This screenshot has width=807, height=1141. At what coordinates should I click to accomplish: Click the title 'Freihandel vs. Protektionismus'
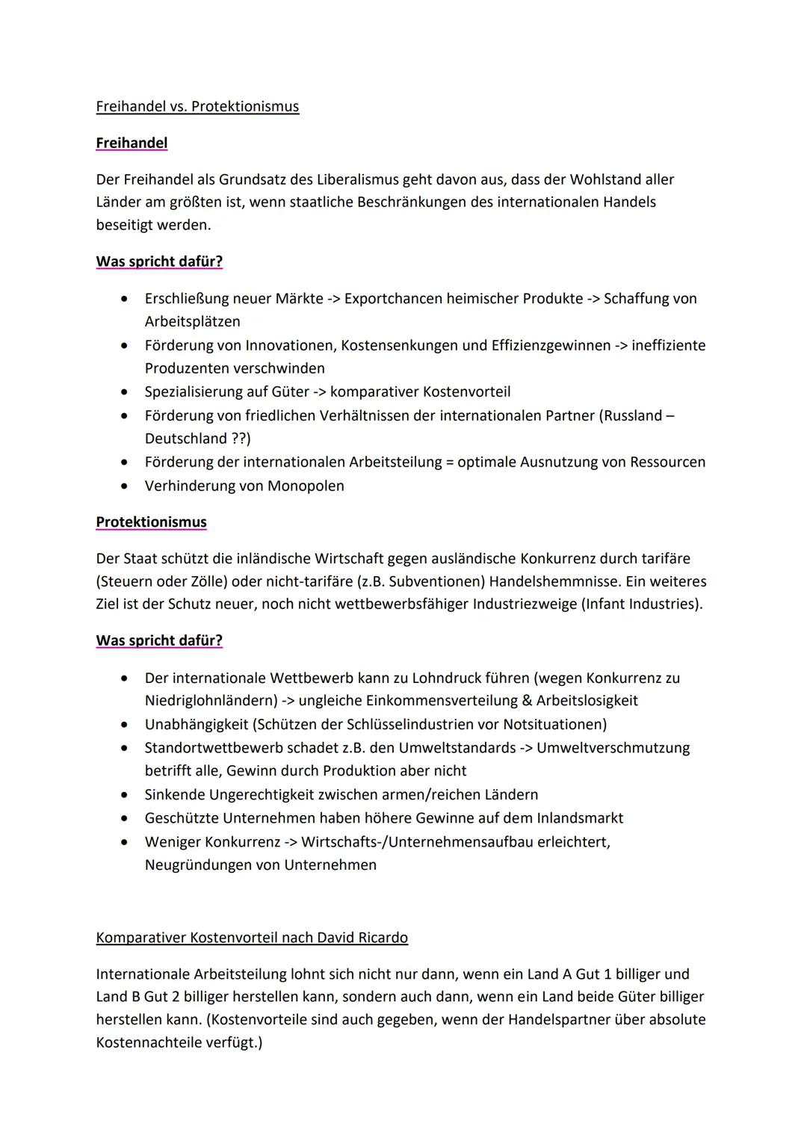(x=197, y=106)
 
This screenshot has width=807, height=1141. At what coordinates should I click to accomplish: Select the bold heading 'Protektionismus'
(x=151, y=522)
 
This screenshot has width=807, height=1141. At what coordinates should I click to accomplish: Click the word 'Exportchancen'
(x=393, y=298)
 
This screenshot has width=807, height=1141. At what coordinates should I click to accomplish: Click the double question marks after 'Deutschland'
(x=240, y=439)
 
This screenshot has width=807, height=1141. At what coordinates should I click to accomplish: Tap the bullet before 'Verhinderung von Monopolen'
(x=124, y=486)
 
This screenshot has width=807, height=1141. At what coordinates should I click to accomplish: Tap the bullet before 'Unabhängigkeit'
(x=124, y=724)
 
